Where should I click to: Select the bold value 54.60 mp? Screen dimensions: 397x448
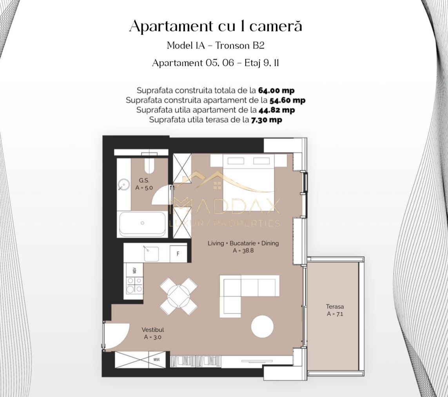(x=287, y=100)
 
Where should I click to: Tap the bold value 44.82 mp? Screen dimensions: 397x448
(x=277, y=110)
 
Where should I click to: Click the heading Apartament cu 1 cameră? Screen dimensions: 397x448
(x=216, y=27)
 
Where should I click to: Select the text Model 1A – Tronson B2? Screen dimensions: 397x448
(x=216, y=45)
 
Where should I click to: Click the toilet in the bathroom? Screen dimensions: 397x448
(x=150, y=165)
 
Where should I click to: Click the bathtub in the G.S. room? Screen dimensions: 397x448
(x=142, y=223)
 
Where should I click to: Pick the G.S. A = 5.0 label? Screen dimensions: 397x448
(x=144, y=184)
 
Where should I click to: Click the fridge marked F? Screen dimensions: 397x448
(x=178, y=254)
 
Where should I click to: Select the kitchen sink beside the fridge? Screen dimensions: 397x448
(x=151, y=254)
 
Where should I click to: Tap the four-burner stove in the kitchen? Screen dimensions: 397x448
(x=134, y=285)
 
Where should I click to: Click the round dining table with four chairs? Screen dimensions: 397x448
(x=178, y=296)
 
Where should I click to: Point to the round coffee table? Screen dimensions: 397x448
(x=262, y=326)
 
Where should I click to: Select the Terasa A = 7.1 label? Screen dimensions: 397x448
(x=335, y=310)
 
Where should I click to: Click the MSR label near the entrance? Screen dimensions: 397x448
(x=157, y=360)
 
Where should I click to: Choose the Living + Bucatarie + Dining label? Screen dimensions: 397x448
(x=243, y=247)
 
